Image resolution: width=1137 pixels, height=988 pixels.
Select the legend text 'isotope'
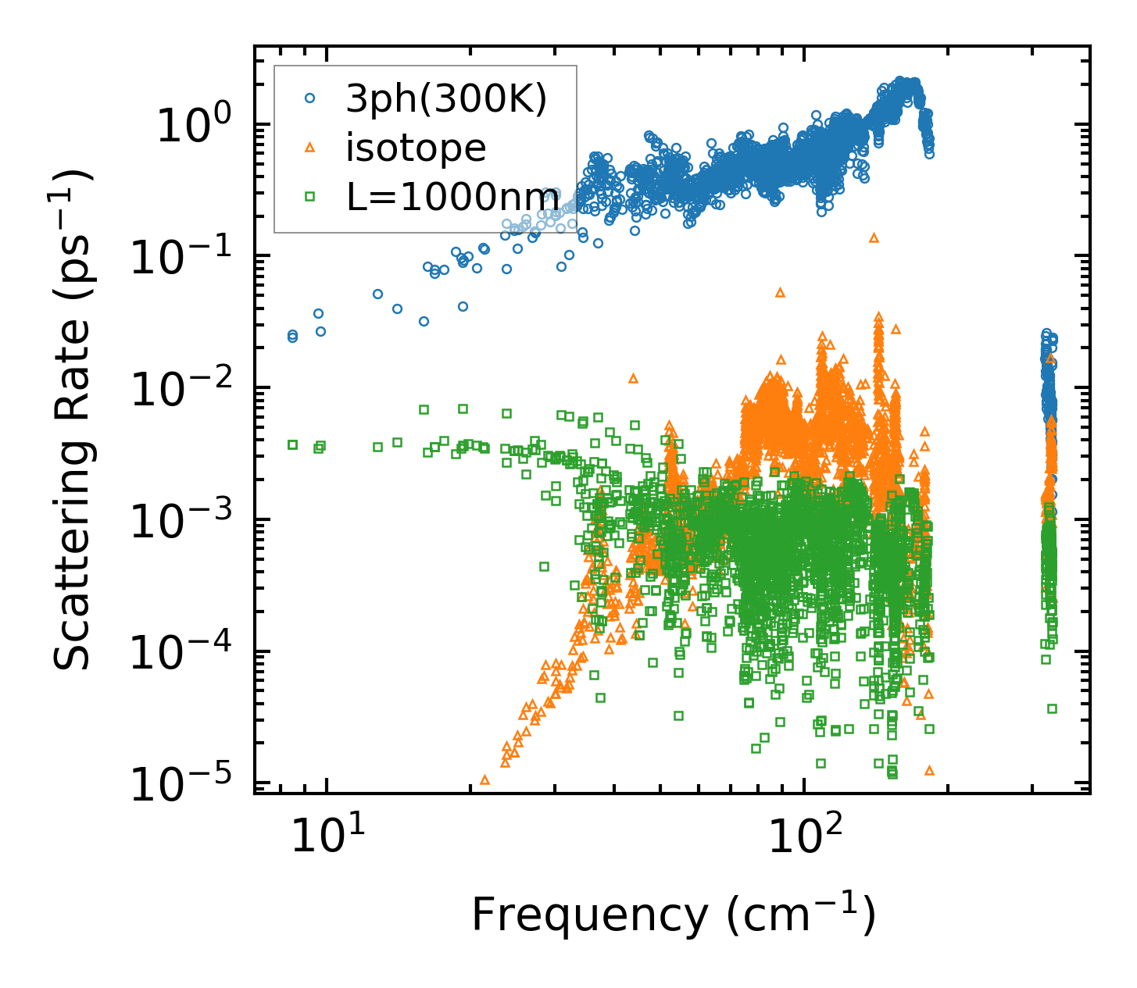(416, 148)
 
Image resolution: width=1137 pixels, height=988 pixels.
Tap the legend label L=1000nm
(452, 197)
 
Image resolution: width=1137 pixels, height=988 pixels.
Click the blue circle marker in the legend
(310, 98)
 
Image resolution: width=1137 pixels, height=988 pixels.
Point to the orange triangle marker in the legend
(310, 148)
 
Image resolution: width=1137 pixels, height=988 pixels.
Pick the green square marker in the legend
(310, 197)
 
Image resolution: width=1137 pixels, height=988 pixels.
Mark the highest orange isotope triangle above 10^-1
(874, 237)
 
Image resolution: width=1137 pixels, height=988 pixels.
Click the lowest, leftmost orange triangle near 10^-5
(484, 779)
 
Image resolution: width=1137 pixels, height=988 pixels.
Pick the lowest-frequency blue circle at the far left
(292, 336)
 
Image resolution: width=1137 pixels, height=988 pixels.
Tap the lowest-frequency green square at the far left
(292, 444)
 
